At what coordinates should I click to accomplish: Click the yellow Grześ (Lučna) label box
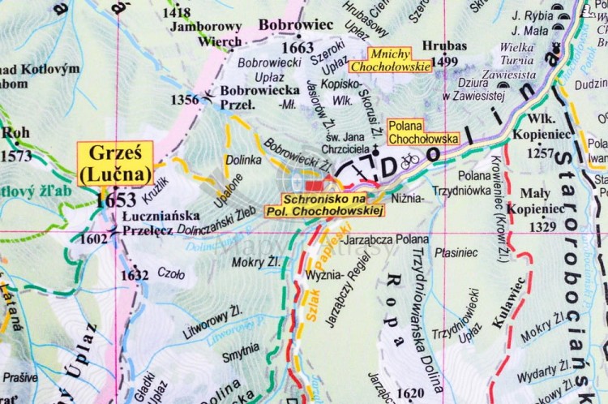coord(114,164)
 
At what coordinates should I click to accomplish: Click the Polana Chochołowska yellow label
coord(422,132)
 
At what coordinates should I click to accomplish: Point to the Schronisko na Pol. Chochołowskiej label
coord(323,205)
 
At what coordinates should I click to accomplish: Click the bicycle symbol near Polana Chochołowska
coord(410,160)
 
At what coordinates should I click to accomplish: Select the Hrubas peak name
coord(444,45)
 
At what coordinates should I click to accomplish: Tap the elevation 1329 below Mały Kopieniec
coord(542,227)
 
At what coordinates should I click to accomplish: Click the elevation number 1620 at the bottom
coord(412,393)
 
